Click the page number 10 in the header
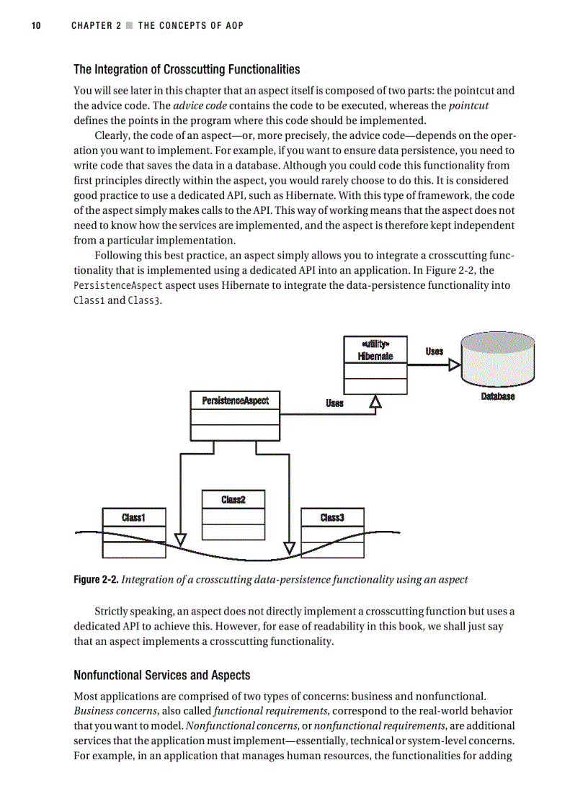(35, 26)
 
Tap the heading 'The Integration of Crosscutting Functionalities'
(187, 70)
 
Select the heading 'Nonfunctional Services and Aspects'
(162, 675)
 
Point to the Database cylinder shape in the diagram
(498, 358)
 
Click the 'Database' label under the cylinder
(497, 396)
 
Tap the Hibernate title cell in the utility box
(375, 350)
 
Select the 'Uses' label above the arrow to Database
(434, 352)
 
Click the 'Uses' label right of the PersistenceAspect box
(334, 403)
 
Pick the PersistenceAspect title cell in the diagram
(235, 400)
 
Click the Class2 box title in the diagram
(233, 499)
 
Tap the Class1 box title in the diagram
(134, 517)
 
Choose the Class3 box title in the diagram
(332, 517)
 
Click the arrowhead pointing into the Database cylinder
(454, 365)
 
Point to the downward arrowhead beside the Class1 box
(180, 539)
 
